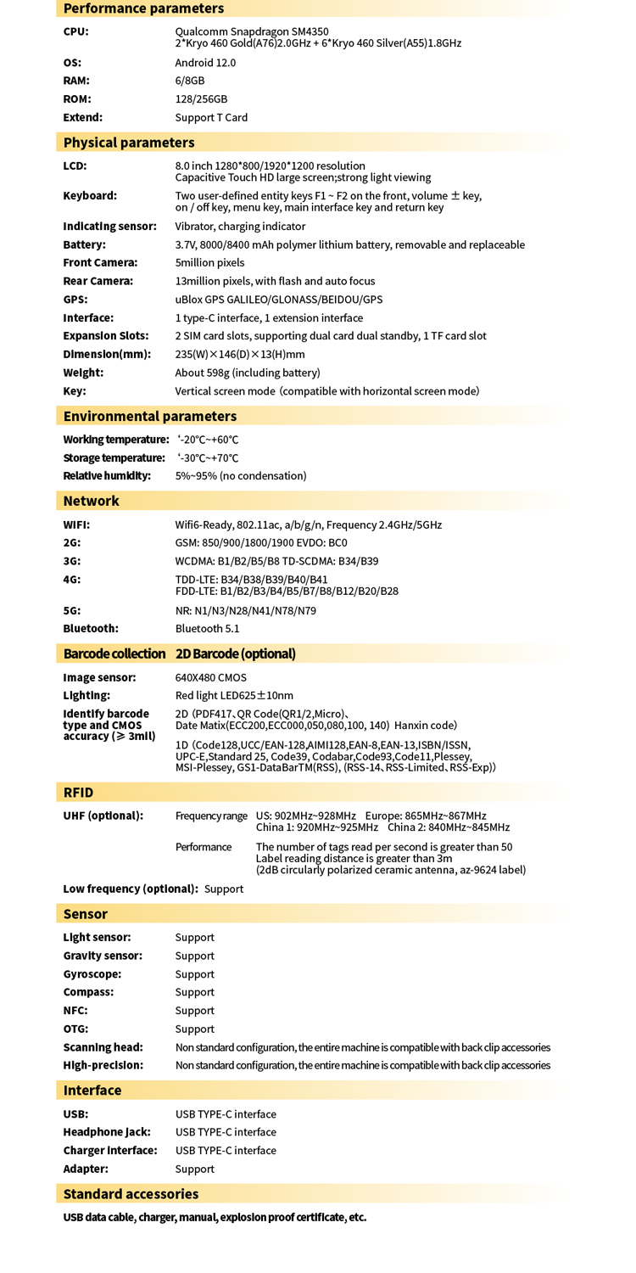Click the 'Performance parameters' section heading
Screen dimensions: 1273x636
point(143,8)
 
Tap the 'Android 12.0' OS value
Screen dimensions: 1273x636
point(205,63)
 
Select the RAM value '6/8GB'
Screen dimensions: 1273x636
point(190,81)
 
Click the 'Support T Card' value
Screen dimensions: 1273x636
point(211,117)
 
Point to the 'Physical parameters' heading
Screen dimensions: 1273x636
point(129,142)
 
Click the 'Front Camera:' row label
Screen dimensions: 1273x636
point(100,262)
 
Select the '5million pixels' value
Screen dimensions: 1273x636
point(209,262)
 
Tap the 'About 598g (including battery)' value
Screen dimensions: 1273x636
point(248,373)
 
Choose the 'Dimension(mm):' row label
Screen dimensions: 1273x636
point(107,354)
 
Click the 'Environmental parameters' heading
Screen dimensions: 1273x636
point(150,416)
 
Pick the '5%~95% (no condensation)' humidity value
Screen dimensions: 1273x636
point(241,475)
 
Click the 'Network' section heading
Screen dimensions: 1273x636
point(91,501)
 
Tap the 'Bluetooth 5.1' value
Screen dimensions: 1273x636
point(207,629)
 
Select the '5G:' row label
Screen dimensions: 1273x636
point(72,610)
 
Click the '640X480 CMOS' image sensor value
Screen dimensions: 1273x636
point(211,677)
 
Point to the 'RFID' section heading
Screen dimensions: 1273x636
point(78,793)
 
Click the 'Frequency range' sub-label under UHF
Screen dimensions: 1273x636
point(211,816)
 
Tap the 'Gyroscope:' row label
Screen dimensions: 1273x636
point(92,974)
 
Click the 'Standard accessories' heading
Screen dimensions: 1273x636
point(131,1194)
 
